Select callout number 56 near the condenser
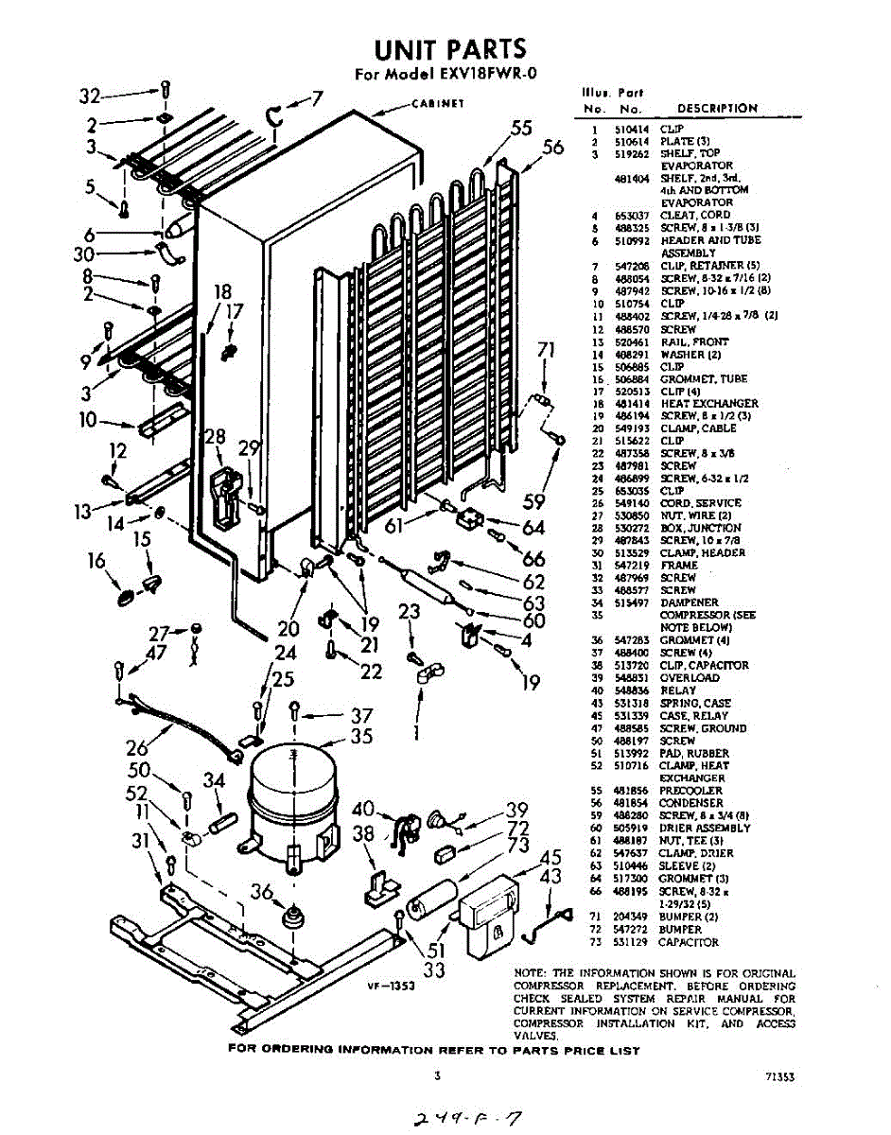(553, 147)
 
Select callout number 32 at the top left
(89, 96)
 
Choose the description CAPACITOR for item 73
(689, 942)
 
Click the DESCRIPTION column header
(717, 109)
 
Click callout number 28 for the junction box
(215, 436)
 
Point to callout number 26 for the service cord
(137, 747)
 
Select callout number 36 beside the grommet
(262, 890)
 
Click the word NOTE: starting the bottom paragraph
(531, 973)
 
